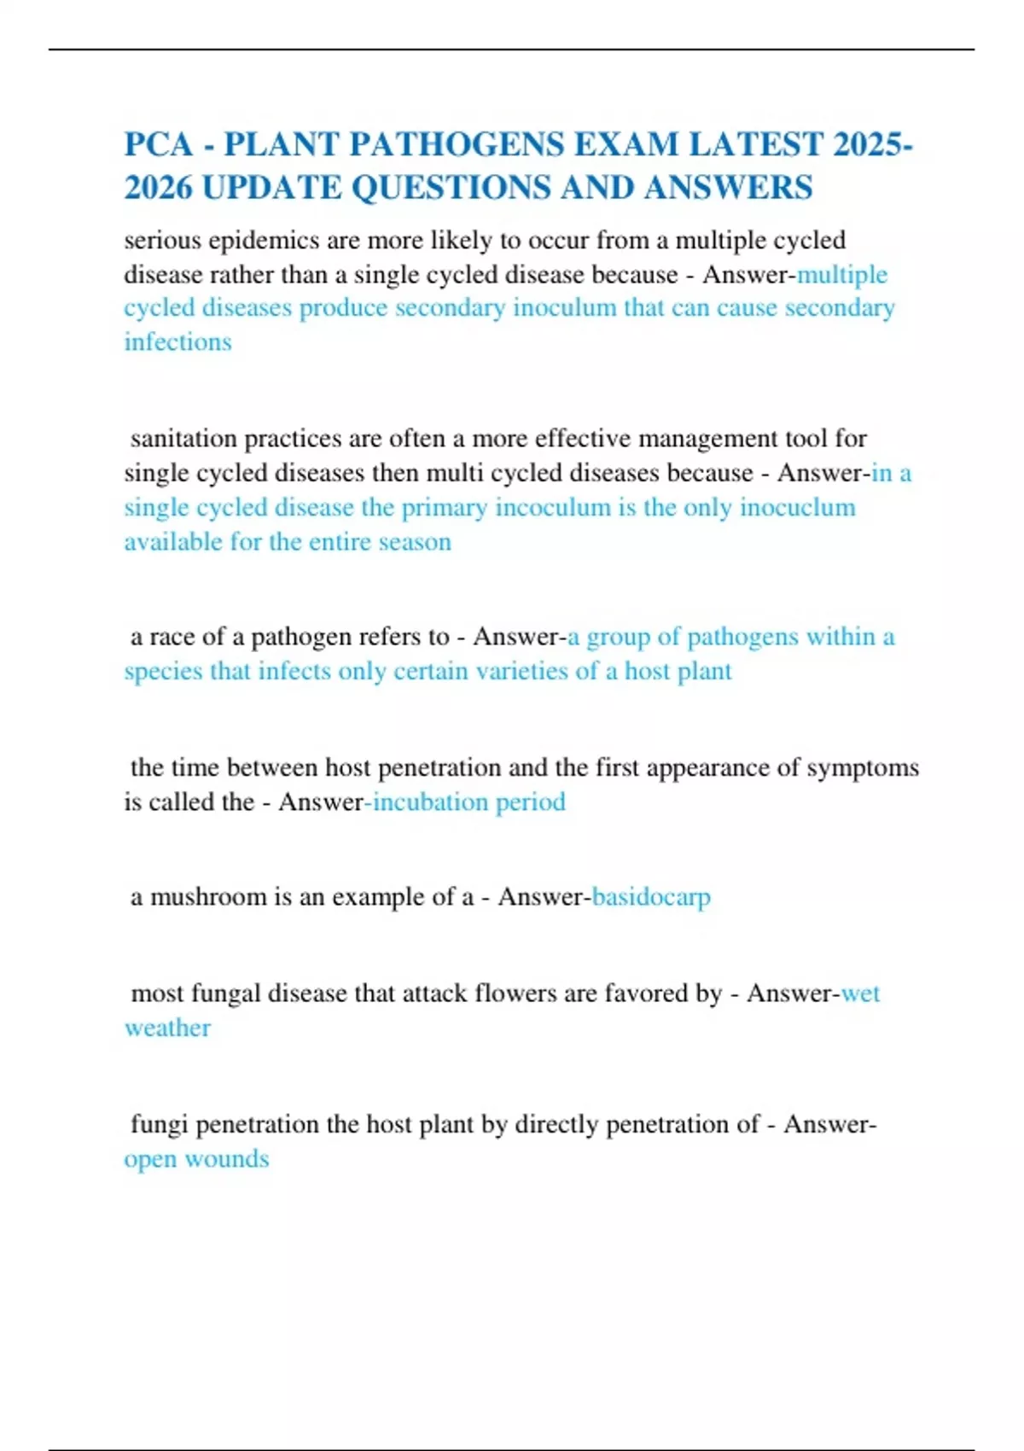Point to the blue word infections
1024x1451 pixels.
click(x=177, y=342)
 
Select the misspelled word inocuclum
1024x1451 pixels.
click(x=797, y=508)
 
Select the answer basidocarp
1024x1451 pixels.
click(x=651, y=897)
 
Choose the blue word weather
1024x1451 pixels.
click(x=167, y=1028)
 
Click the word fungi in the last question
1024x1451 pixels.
click(x=159, y=1125)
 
